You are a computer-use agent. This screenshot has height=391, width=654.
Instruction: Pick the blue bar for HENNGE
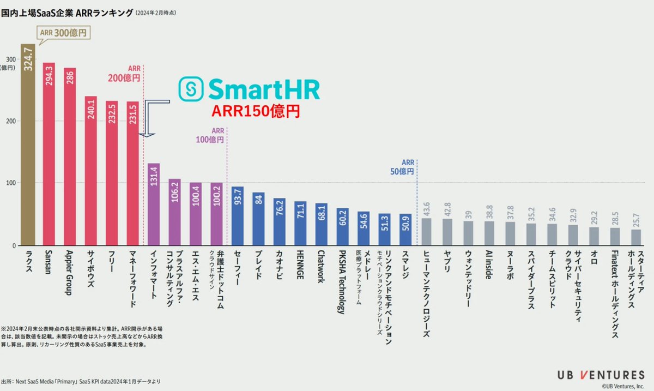point(300,223)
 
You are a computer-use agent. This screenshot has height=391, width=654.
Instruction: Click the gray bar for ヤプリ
point(447,232)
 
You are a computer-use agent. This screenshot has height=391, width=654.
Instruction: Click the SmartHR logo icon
point(192,89)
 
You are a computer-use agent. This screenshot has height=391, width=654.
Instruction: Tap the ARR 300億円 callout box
point(63,32)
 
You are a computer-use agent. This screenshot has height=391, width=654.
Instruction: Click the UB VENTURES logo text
point(601,375)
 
